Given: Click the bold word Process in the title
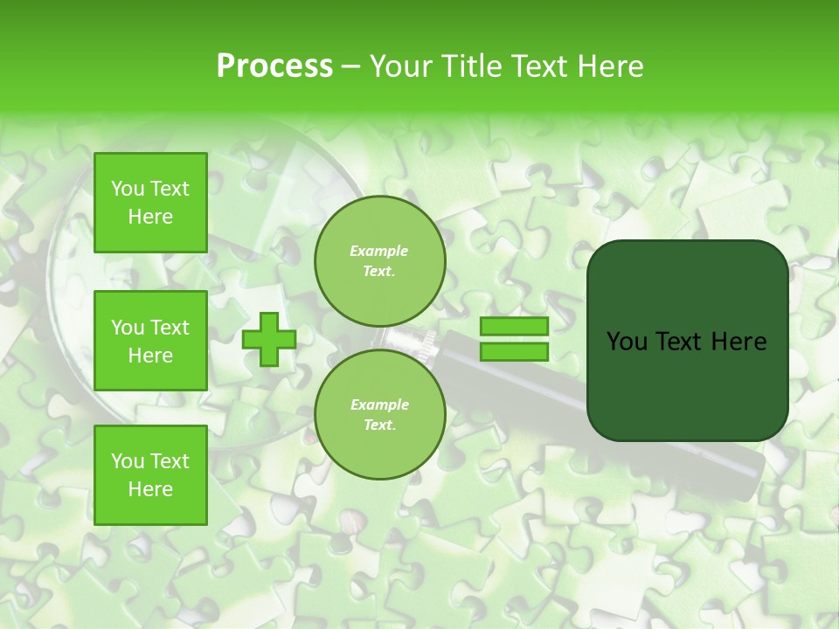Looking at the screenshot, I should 274,66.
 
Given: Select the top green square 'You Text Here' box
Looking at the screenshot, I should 150,203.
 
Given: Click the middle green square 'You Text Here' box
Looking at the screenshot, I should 150,341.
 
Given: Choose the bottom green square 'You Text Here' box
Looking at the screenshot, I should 150,475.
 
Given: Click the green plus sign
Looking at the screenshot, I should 268,339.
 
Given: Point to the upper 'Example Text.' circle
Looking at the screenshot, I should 379,261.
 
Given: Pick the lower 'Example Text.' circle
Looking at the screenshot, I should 379,415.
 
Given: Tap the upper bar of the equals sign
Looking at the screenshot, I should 514,327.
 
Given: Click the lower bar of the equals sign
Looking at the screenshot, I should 514,351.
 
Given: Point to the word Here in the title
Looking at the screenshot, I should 612,66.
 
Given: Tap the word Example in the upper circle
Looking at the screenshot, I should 379,251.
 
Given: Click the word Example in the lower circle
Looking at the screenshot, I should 379,404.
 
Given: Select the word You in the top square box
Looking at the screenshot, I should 128,189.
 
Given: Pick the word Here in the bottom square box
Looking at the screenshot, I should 150,489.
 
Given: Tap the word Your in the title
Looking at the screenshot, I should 400,66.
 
